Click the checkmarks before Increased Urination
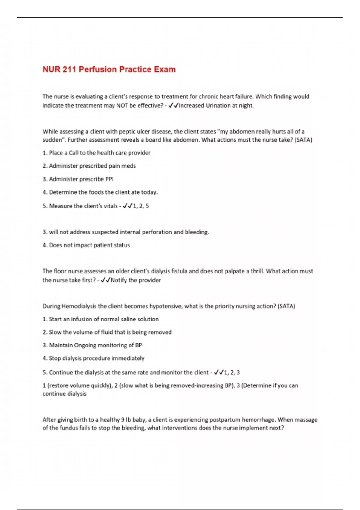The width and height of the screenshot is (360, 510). (174, 106)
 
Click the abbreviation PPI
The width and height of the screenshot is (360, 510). (109, 179)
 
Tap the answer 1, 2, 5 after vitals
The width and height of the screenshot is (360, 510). (141, 206)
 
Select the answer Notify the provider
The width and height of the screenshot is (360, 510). (136, 280)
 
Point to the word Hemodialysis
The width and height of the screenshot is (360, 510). (79, 306)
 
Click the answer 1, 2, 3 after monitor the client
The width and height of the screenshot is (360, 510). (232, 373)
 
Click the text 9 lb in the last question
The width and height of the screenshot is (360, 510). (127, 420)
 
